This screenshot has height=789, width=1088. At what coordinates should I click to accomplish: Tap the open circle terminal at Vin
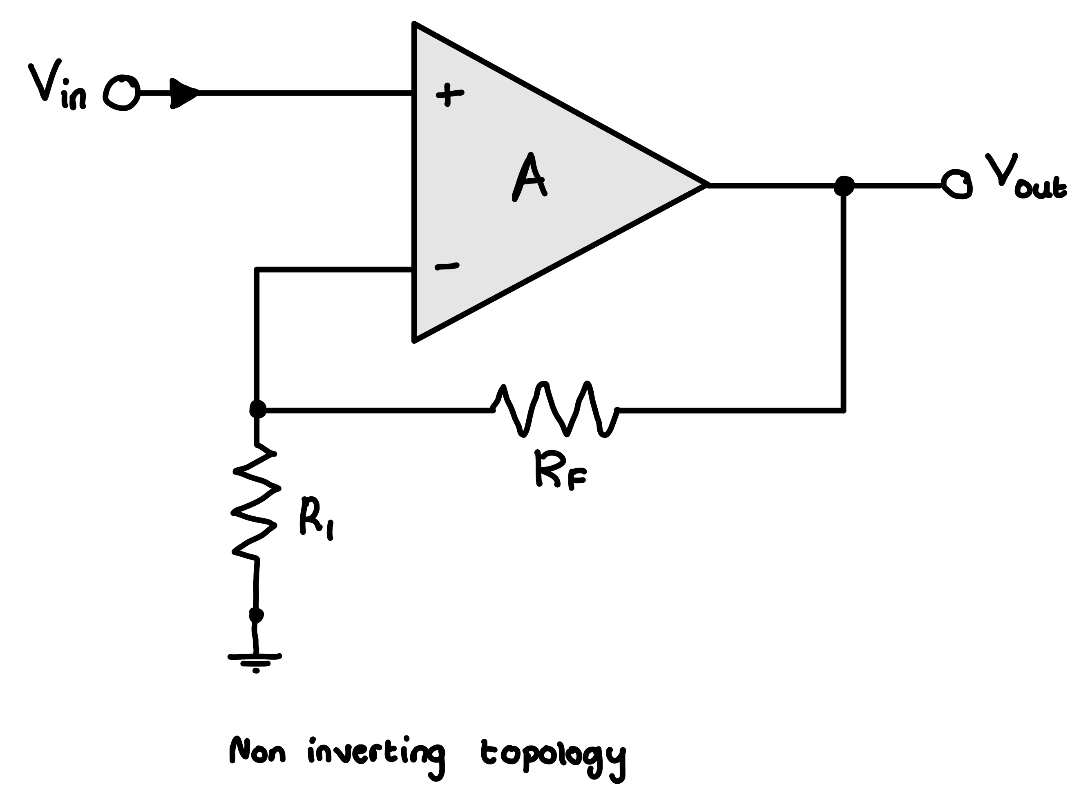click(122, 93)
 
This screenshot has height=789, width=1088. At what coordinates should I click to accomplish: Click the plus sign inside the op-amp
click(449, 94)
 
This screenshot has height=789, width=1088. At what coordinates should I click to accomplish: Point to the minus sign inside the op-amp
click(447, 267)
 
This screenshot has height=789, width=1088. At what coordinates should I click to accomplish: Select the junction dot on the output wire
click(844, 186)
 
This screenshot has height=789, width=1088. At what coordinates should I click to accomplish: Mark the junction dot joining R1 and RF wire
click(258, 409)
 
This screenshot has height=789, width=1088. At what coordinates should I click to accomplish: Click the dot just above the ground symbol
click(256, 615)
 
